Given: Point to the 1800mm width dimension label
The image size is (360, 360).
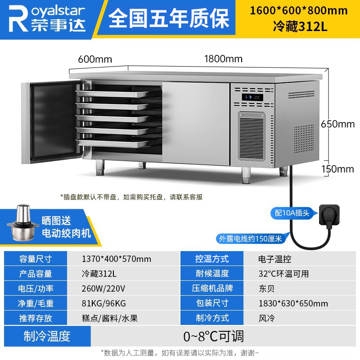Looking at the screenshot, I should (x=223, y=59).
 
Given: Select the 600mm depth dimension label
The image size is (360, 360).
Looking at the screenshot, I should (x=95, y=59).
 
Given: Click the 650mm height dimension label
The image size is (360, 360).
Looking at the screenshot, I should (x=337, y=124).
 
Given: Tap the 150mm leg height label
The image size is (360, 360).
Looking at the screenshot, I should (x=337, y=169).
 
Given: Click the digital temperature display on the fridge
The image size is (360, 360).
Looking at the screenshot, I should (x=249, y=97).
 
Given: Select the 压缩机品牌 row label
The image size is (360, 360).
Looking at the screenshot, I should (x=211, y=289).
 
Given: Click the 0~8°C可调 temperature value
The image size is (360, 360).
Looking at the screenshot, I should (x=214, y=336).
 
